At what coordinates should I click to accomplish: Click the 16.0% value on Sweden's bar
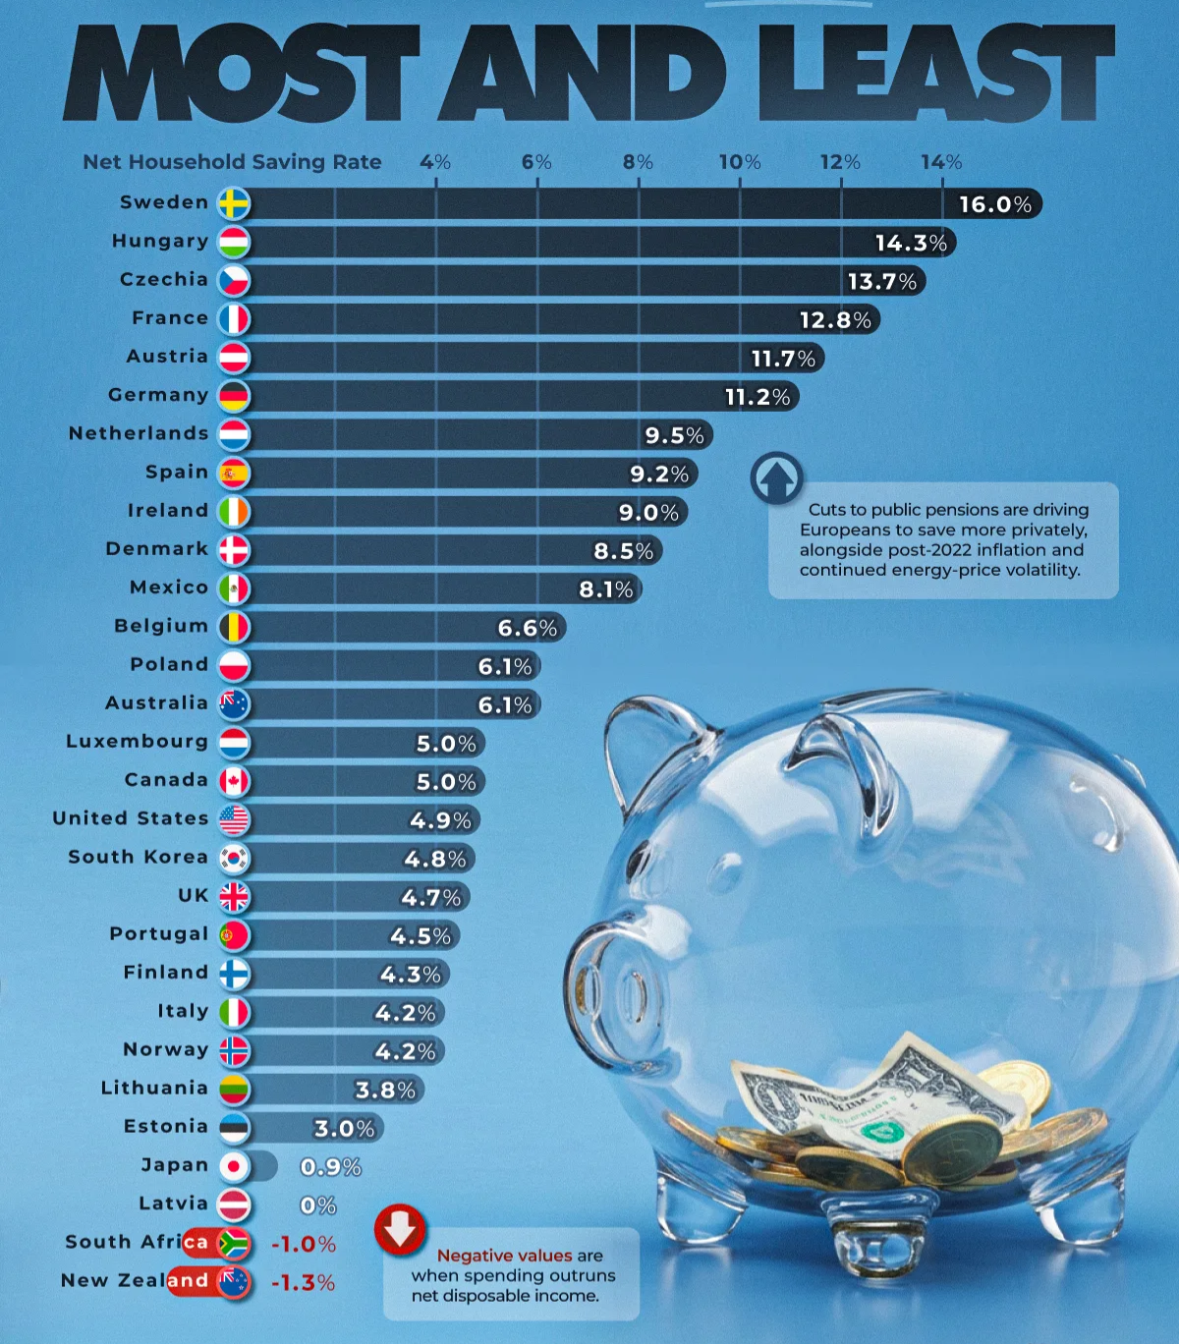[x=994, y=204]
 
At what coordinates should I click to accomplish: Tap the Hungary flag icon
[x=234, y=242]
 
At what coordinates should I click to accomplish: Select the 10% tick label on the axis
[x=739, y=162]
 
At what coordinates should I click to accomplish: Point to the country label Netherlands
[x=139, y=433]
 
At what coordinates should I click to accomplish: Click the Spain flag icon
[x=234, y=473]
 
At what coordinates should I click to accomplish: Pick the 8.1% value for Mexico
[x=606, y=589]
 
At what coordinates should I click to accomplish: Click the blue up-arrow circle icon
[x=776, y=478]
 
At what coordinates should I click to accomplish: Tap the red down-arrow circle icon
[x=400, y=1229]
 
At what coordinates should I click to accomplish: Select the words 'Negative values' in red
[x=504, y=1256]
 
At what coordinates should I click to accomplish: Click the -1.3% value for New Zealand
[x=303, y=1283]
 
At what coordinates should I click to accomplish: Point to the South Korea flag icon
[x=234, y=859]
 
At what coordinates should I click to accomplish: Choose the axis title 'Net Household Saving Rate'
[x=232, y=162]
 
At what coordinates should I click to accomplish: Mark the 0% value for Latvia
[x=317, y=1205]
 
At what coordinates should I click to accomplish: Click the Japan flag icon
[x=234, y=1166]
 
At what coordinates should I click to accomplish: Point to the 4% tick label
[x=435, y=162]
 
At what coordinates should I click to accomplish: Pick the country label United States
[x=131, y=818]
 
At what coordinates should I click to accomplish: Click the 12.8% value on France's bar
[x=835, y=320]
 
